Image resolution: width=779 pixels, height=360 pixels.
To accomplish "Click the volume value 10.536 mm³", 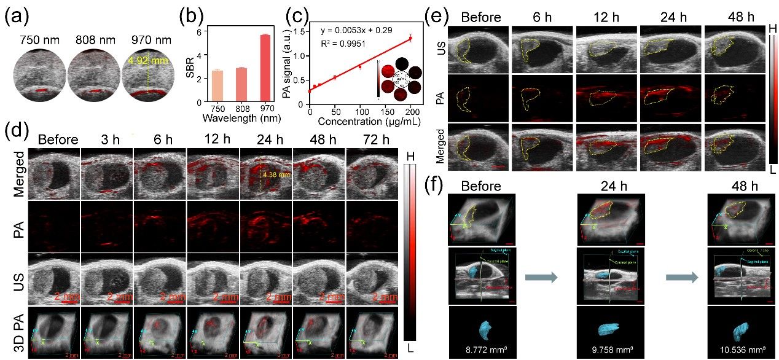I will (743, 353).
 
